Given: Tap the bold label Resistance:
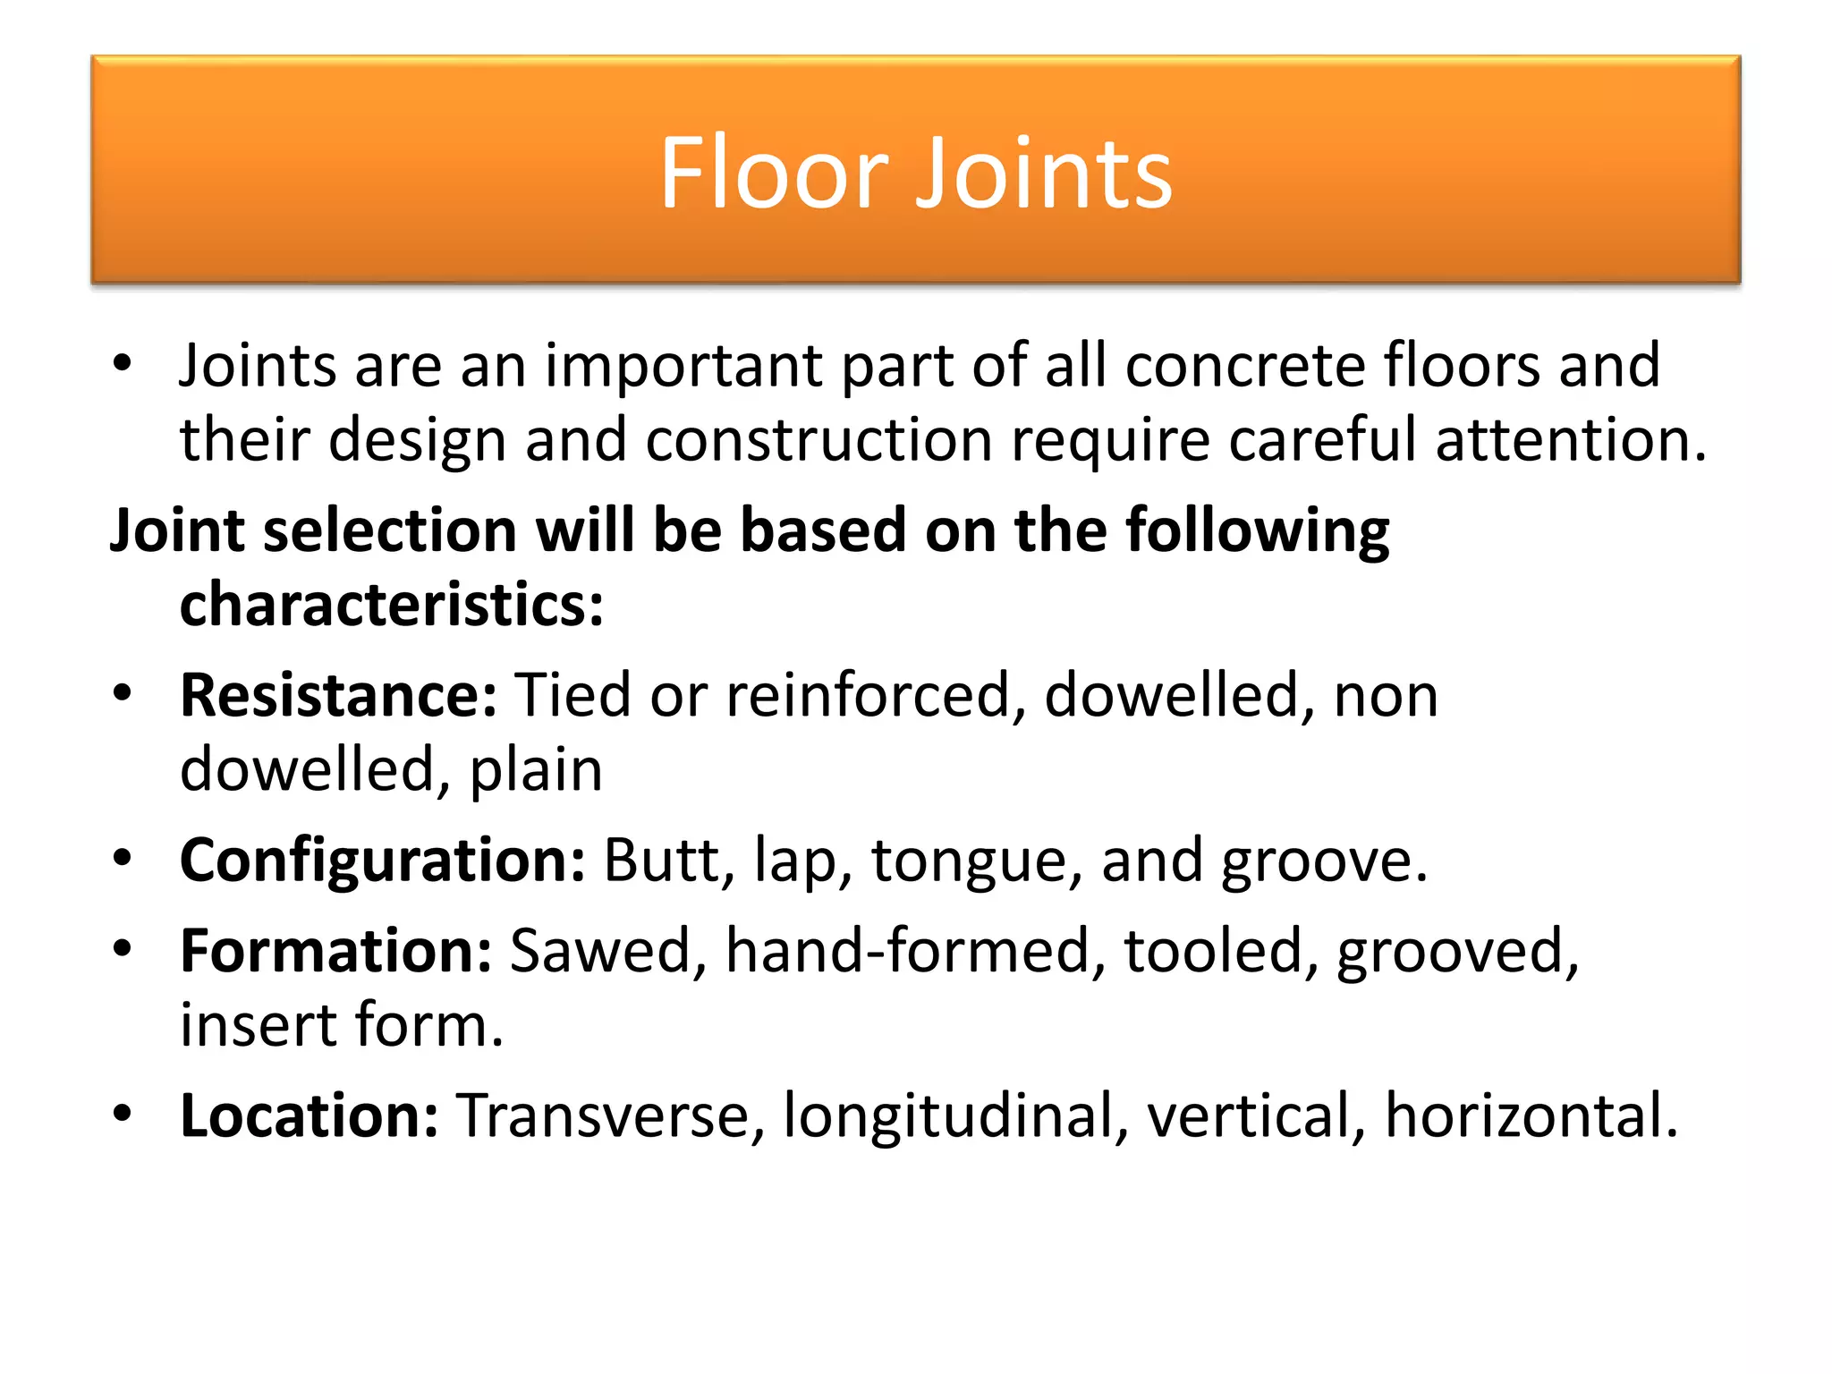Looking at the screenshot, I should (338, 695).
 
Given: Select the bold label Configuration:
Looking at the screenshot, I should (383, 860).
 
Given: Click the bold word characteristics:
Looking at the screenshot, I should (392, 605).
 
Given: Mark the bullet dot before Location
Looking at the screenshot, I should (123, 1114).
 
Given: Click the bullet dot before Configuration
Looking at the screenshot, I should (123, 858).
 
